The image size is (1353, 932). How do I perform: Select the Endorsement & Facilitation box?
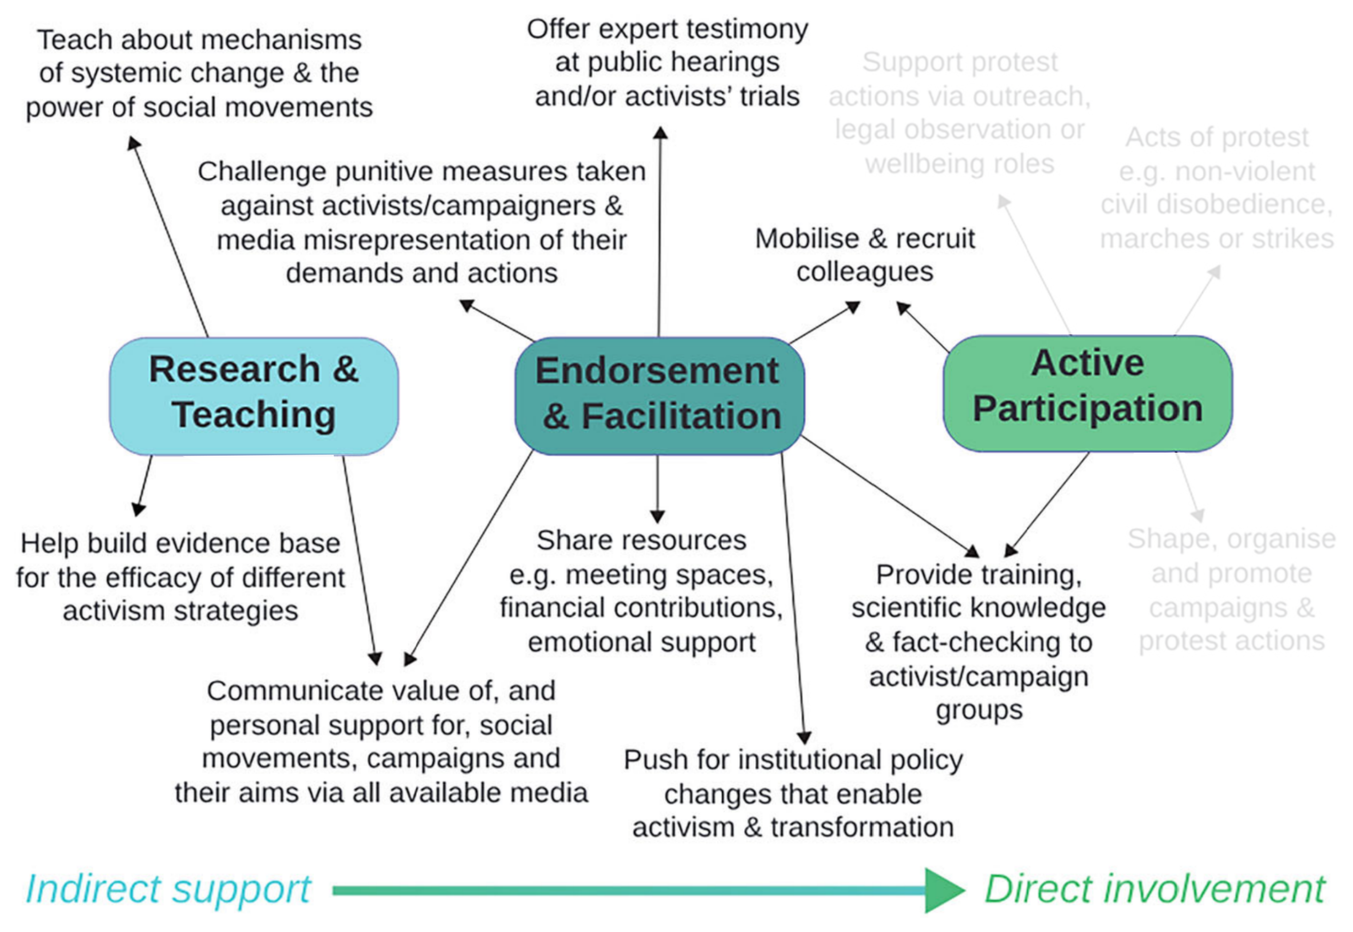point(658,396)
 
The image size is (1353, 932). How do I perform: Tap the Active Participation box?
point(1087,393)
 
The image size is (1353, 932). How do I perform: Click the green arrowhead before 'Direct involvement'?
point(943,890)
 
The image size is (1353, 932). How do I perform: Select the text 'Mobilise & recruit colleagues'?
point(865,255)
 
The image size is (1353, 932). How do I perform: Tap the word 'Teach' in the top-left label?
point(75,40)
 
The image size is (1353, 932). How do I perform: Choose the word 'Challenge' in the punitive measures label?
point(262,172)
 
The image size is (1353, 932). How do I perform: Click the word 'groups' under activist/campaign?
point(979,710)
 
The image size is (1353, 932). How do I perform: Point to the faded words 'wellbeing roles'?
point(959,164)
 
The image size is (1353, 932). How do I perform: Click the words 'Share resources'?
point(641,540)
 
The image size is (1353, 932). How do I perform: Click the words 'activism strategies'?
point(180,611)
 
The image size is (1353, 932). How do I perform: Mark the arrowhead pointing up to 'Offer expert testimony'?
point(660,133)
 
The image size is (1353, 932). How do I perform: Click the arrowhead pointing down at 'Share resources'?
point(658,516)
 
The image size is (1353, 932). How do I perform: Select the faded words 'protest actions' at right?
point(1231,641)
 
